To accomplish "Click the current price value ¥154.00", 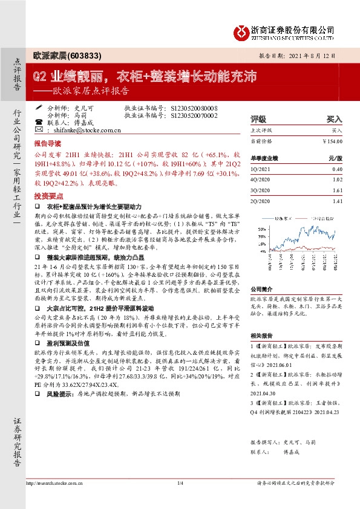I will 332,140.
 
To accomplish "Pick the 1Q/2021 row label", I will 261,170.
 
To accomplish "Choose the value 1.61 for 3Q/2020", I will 336,190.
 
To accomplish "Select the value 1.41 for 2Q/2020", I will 336,200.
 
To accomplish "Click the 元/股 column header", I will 335,158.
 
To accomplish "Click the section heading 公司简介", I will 263,289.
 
